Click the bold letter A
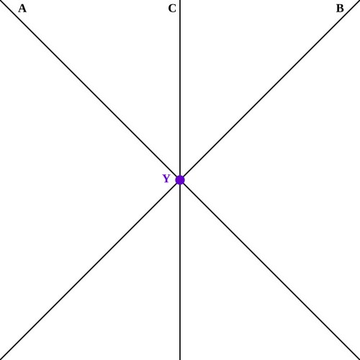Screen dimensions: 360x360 pyautogui.click(x=22, y=9)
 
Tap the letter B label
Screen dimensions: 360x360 pyautogui.click(x=340, y=9)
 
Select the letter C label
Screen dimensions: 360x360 pyautogui.click(x=172, y=9)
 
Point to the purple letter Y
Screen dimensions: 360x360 pyautogui.click(x=166, y=179)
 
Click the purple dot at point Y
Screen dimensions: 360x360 pyautogui.click(x=180, y=180)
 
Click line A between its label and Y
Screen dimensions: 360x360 pyautogui.click(x=90, y=90)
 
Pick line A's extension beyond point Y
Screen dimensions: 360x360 pyautogui.click(x=270, y=270)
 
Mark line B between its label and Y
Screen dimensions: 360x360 pyautogui.click(x=270, y=90)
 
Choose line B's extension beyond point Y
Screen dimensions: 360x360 pyautogui.click(x=90, y=270)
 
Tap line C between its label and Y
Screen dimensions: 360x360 pyautogui.click(x=180, y=90)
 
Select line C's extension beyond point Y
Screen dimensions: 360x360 pyautogui.click(x=180, y=270)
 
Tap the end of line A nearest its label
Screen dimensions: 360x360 pyautogui.click(x=0, y=0)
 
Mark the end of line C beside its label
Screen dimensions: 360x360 pyautogui.click(x=180, y=0)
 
